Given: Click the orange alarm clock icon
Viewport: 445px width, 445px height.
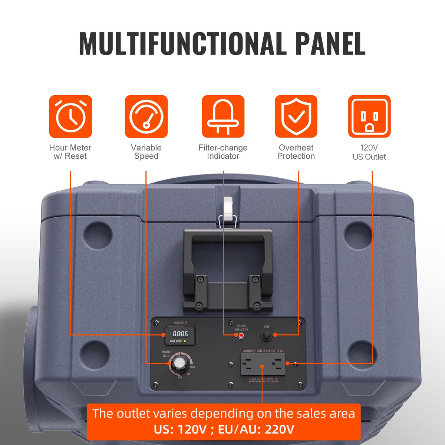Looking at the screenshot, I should pos(70,116).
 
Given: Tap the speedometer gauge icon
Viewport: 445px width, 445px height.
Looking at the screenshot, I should pos(146,116).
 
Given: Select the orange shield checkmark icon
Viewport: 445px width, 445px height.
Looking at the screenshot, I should pos(296,116).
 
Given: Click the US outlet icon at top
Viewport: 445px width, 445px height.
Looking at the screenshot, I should pos(369,116).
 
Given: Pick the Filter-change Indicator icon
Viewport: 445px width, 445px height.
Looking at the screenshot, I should pos(223,116).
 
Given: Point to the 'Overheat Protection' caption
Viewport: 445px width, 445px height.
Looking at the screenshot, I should pos(296,152).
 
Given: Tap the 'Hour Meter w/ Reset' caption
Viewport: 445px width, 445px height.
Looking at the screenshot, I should pos(70,152).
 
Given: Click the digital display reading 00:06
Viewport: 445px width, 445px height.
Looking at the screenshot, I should pos(180,334).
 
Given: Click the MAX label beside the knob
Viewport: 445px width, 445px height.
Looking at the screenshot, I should pos(192,367).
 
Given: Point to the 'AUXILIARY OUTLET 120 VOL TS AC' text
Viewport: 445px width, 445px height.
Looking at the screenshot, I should pos(263,350).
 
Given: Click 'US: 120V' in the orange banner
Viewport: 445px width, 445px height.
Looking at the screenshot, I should pos(180,430).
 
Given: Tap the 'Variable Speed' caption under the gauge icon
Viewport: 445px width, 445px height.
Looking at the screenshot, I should pos(146,152).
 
